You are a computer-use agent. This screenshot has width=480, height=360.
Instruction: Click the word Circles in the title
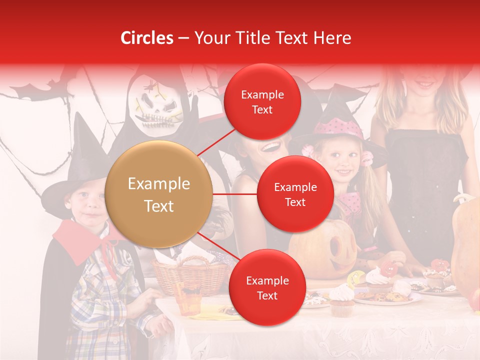click(x=146, y=38)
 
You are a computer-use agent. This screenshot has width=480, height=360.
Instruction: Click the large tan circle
click(x=159, y=194)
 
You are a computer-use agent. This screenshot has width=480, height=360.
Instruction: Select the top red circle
click(x=262, y=102)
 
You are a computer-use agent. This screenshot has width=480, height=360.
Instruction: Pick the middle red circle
click(x=295, y=194)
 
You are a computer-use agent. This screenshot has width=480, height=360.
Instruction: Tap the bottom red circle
click(x=267, y=287)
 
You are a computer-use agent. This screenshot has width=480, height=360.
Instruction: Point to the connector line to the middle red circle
click(x=235, y=194)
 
